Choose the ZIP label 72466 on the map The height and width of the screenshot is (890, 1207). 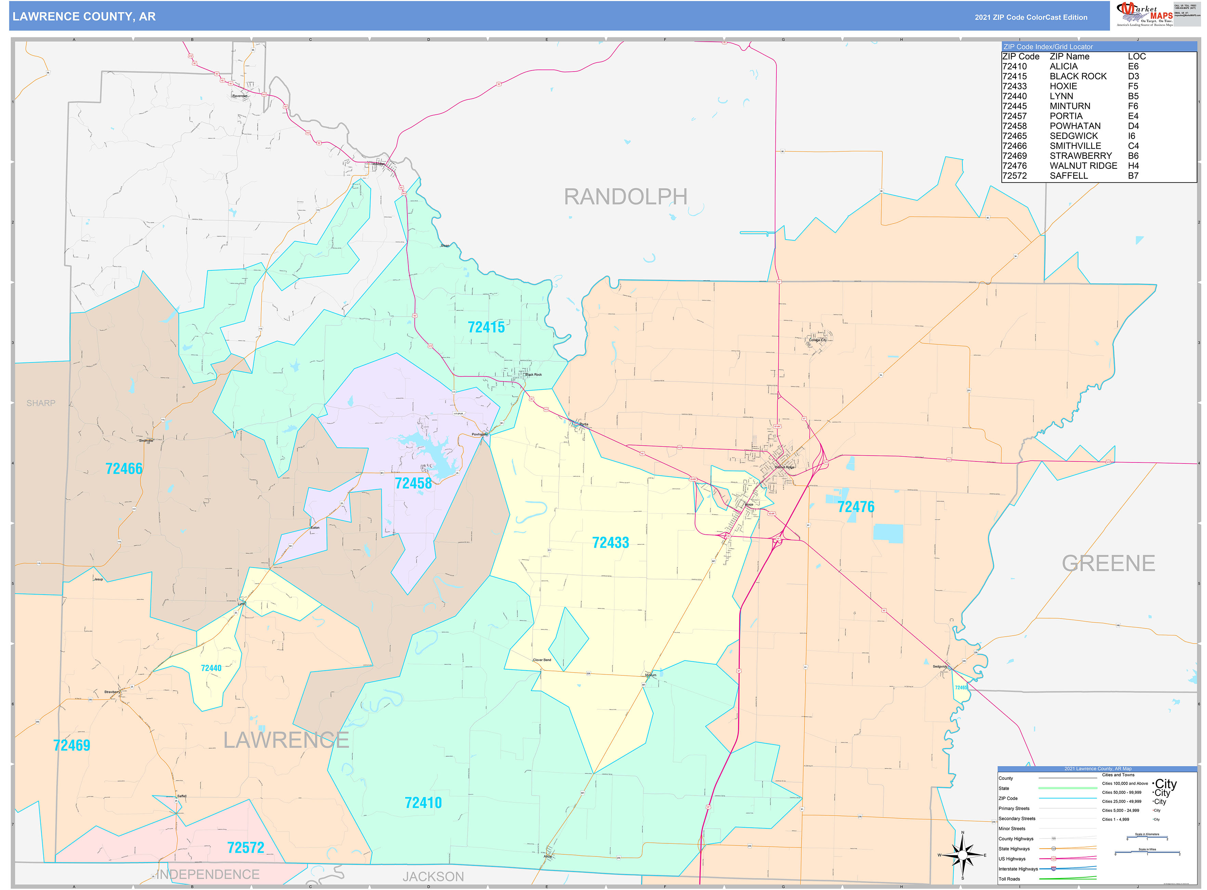click(124, 469)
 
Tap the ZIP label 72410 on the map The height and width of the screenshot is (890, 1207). click(423, 803)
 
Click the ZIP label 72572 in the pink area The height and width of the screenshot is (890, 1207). click(246, 848)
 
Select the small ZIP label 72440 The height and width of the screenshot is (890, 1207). click(211, 668)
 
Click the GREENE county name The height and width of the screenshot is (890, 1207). click(1108, 563)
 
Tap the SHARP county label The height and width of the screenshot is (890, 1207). click(41, 403)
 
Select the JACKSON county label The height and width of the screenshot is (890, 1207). click(433, 877)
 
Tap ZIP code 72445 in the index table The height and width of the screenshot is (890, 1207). click(1014, 106)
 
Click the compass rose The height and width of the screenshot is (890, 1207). click(962, 855)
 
